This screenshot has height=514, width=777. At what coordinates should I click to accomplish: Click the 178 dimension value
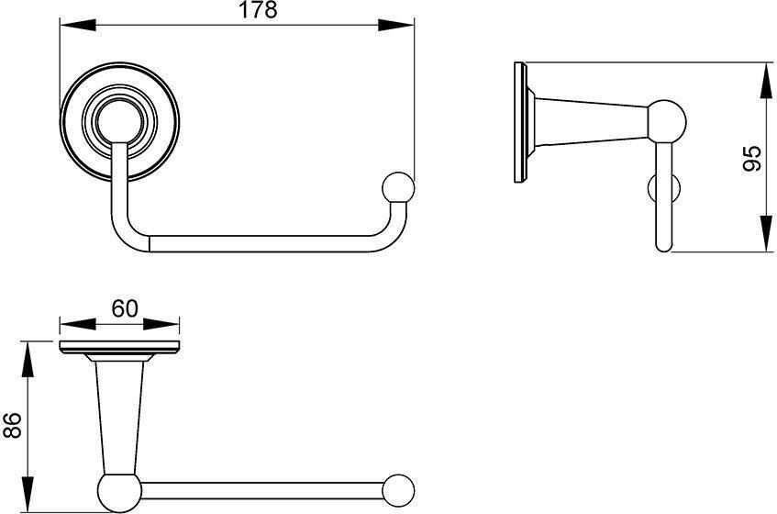258,10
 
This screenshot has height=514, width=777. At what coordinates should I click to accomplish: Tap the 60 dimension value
125,308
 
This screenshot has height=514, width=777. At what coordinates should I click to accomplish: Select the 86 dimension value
13,425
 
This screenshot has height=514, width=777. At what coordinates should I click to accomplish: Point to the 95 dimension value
752,158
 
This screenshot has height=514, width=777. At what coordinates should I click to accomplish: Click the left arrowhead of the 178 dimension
78,25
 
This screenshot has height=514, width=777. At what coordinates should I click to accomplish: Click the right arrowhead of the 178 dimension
395,25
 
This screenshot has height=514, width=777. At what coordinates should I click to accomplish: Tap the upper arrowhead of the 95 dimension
767,80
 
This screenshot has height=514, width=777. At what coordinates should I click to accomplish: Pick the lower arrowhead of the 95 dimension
767,234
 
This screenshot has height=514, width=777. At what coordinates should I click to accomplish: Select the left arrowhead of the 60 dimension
77,325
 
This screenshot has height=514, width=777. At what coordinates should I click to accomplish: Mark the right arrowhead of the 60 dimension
161,325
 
